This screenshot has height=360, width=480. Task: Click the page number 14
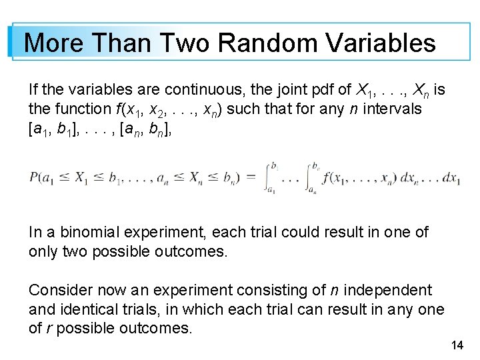457,345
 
